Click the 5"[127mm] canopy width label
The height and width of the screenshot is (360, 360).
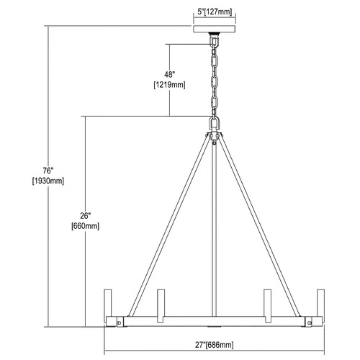tap(215, 12)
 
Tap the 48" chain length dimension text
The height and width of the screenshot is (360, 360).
tap(168, 75)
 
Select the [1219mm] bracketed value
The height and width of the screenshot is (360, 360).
tap(169, 85)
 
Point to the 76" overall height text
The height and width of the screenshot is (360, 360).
tap(48, 171)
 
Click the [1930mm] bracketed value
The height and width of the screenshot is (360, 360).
tap(48, 181)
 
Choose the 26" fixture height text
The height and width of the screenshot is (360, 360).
tap(85, 216)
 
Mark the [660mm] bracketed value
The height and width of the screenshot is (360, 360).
tap(85, 226)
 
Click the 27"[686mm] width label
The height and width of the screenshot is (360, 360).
tap(214, 345)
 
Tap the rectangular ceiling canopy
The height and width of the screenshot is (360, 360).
tap(215, 29)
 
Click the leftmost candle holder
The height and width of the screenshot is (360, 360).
tap(108, 303)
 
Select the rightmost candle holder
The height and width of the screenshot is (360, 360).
tap(321, 303)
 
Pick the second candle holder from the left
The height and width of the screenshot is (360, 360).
tap(161, 305)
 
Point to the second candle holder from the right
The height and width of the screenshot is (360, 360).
tap(267, 305)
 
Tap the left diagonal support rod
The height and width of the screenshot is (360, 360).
tap(170, 225)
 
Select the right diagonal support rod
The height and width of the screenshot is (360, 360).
tap(259, 225)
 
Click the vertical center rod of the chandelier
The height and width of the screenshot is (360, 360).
tap(215, 229)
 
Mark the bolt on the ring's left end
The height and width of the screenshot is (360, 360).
tap(119, 323)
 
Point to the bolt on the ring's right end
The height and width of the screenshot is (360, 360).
tap(310, 323)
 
